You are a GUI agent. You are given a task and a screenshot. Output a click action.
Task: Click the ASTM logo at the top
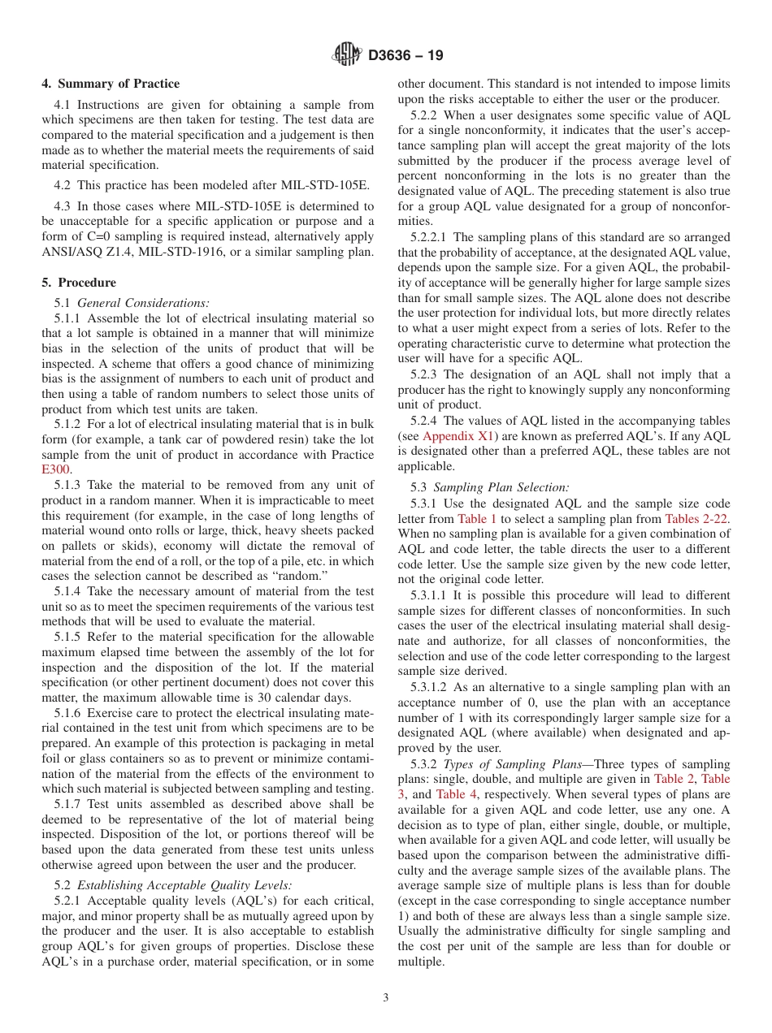348,55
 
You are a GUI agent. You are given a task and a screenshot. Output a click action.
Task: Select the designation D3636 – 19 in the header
406,56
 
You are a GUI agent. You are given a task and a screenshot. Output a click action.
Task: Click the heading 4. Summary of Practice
111,84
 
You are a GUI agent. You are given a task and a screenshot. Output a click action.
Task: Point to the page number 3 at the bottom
386,997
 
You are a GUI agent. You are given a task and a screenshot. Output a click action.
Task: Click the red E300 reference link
56,469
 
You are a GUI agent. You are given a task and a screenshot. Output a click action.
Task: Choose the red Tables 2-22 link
696,518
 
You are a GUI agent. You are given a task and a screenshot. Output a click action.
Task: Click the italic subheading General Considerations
132,302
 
